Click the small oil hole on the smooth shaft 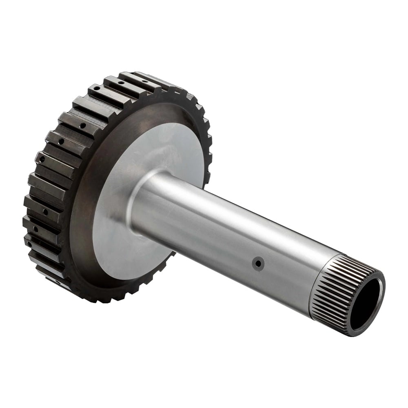click(x=258, y=263)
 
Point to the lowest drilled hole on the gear click(x=57, y=282)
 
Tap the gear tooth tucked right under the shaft click(x=167, y=259)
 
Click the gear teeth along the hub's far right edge click(x=208, y=147)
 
